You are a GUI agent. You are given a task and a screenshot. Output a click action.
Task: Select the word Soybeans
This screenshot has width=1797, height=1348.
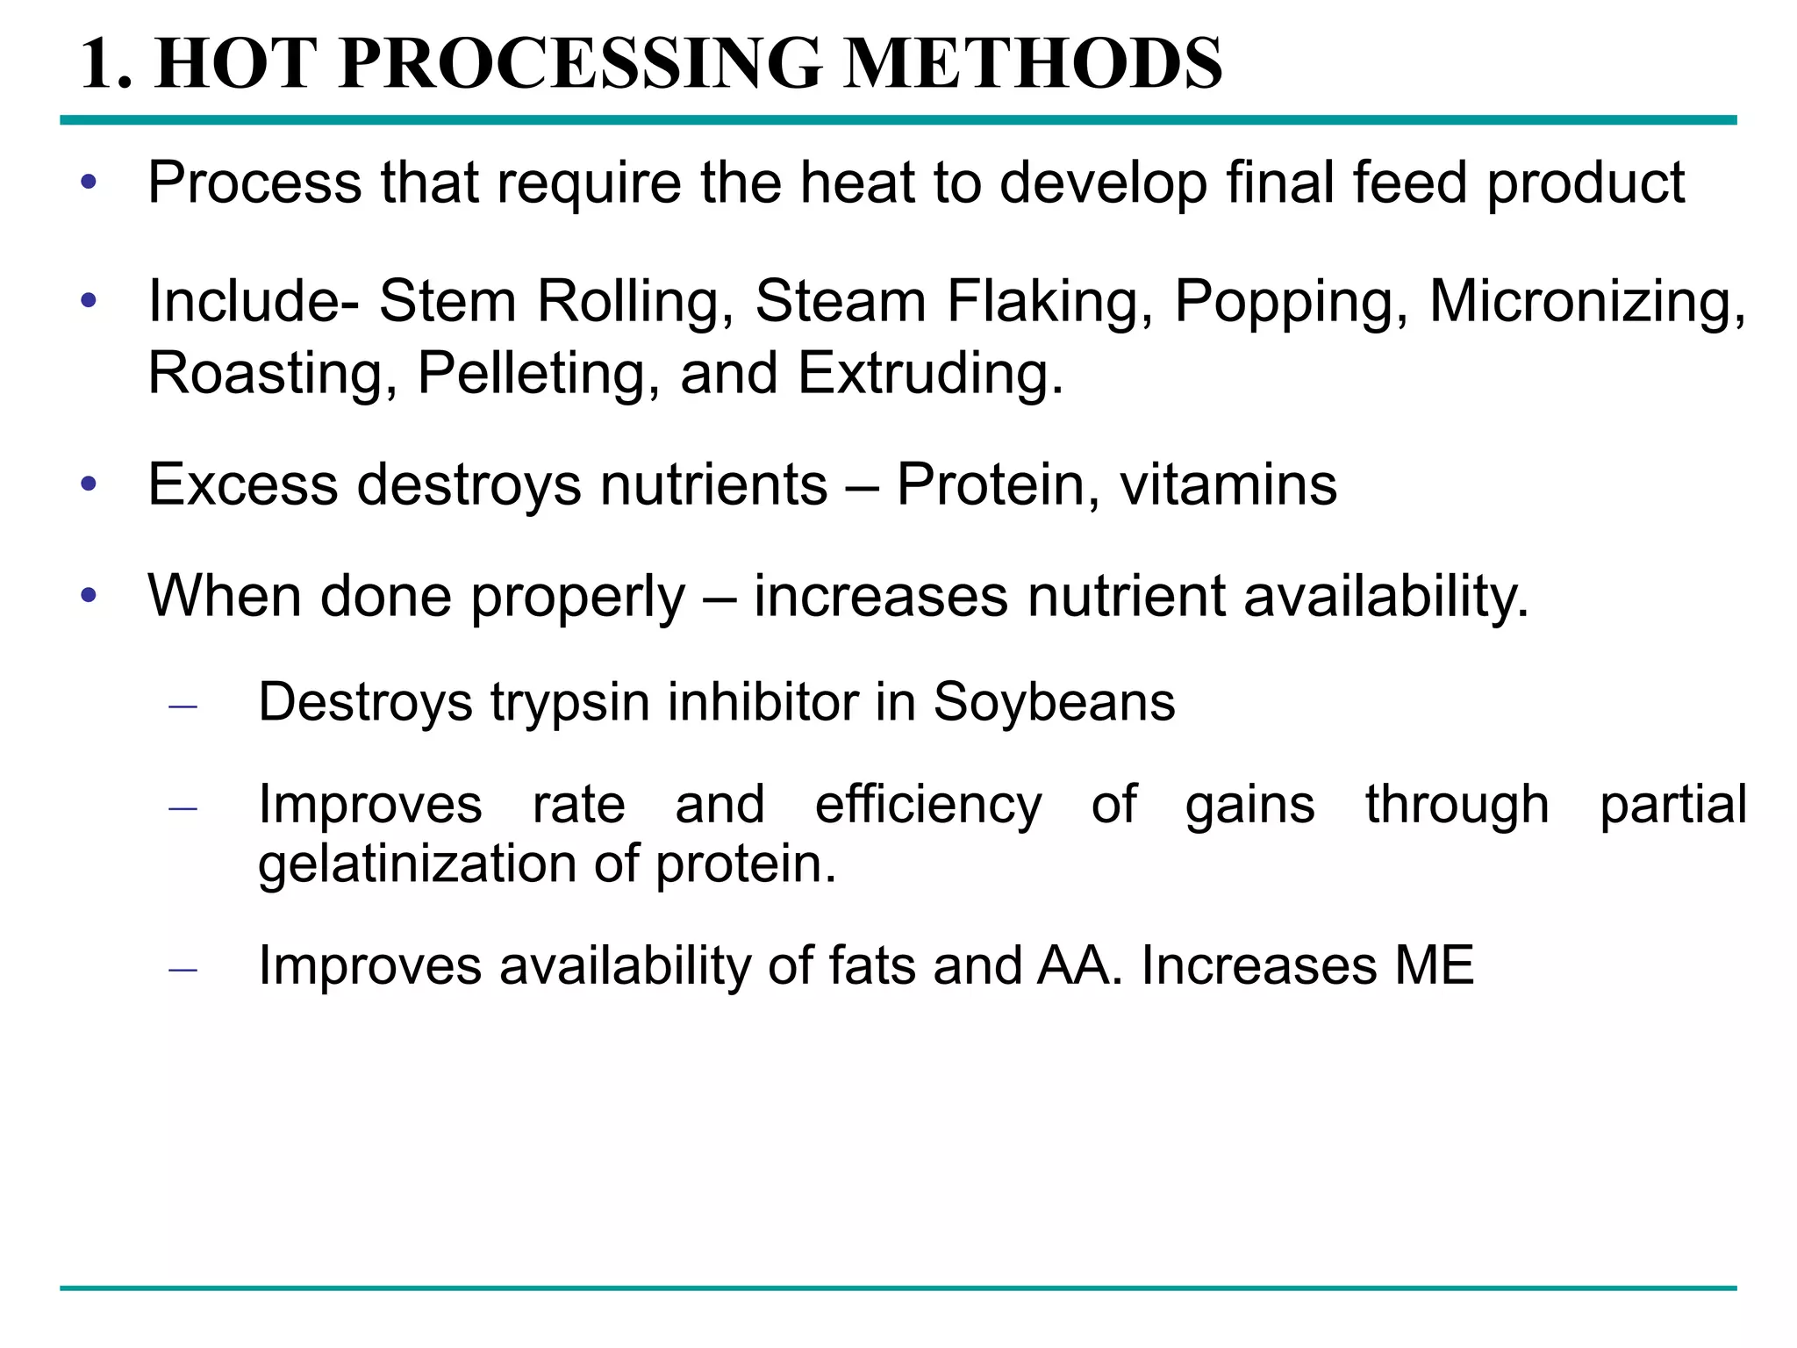click(x=1054, y=703)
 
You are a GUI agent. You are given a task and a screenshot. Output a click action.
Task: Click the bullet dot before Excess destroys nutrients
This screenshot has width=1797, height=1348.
click(x=88, y=484)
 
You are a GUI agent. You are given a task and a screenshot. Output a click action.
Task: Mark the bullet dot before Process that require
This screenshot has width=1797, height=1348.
click(x=88, y=183)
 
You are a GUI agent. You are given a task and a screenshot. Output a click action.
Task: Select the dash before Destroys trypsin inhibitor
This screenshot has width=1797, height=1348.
click(x=183, y=705)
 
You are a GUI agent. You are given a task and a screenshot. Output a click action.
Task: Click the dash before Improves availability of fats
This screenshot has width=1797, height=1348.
click(x=183, y=969)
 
